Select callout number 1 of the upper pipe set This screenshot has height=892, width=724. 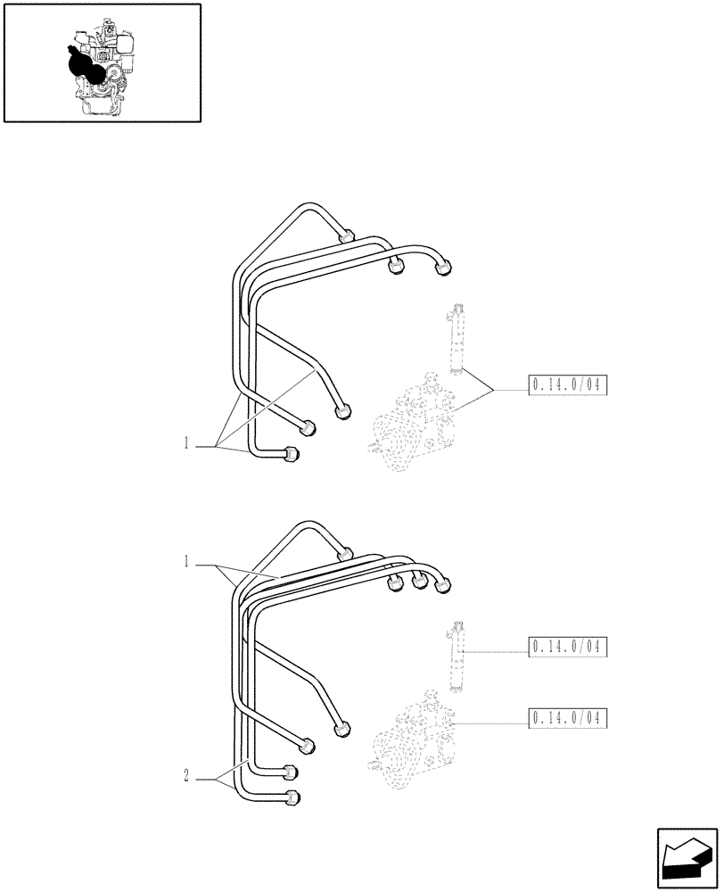[x=187, y=443]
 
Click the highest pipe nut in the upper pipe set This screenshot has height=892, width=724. [x=349, y=235]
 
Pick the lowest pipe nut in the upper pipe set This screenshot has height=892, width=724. [x=291, y=456]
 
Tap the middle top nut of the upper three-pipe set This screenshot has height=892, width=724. [x=395, y=266]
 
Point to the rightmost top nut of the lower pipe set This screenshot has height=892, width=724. [x=440, y=585]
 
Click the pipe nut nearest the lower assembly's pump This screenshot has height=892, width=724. [x=341, y=731]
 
